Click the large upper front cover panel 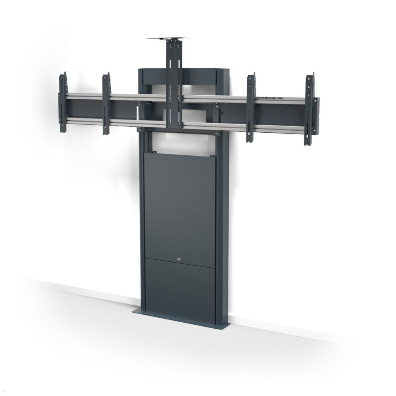pos(180,205)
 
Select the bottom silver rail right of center pos(214,127)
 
